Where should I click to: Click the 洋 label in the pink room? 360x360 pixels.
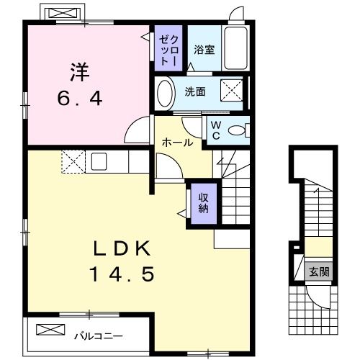tap(79, 72)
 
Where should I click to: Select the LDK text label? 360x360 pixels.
tap(121, 248)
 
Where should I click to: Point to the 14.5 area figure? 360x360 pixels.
tap(121, 274)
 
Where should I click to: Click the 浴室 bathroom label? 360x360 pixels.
tap(204, 50)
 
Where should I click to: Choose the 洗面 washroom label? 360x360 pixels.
tap(194, 91)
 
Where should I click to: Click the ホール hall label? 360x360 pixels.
tap(176, 143)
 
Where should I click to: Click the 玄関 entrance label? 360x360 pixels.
tap(319, 272)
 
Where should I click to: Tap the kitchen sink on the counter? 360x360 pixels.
tap(98, 161)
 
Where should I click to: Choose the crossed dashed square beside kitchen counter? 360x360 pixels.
tap(73, 161)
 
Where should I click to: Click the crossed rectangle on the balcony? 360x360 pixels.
tap(50, 329)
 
